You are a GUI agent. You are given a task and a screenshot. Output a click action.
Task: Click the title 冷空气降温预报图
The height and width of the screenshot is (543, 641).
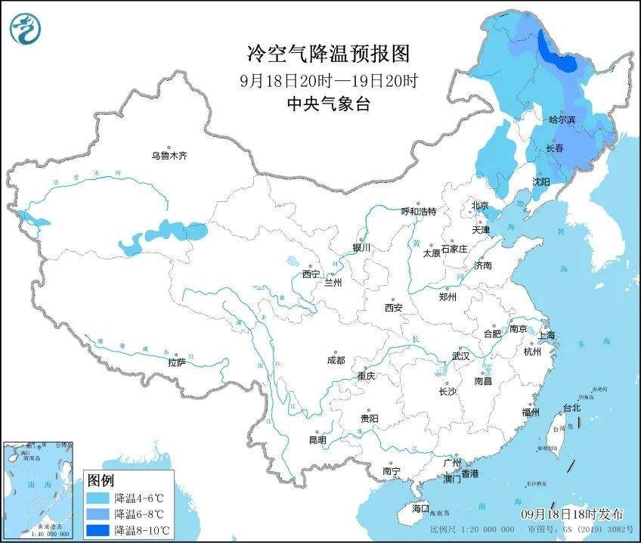click(328, 54)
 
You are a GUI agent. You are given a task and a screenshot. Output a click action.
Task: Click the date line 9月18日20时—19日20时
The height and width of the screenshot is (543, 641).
click(328, 80)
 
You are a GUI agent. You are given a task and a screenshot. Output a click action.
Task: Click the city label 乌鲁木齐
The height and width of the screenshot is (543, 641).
click(168, 156)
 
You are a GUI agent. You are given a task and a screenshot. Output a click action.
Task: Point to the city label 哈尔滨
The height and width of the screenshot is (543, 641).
click(562, 120)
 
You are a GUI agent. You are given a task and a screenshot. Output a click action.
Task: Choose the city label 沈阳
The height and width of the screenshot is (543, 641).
click(540, 182)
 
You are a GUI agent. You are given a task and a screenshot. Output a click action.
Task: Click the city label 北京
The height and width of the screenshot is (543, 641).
click(480, 206)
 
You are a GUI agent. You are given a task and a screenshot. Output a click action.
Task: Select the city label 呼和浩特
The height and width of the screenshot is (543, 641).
click(419, 212)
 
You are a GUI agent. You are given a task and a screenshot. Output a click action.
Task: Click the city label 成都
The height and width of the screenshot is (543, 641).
click(336, 361)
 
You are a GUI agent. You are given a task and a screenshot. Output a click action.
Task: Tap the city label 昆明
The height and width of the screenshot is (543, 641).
click(317, 440)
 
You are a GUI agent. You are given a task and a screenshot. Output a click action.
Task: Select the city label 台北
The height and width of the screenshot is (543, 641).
click(571, 408)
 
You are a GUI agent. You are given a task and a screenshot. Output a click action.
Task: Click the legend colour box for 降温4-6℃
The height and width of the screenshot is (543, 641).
click(98, 499)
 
